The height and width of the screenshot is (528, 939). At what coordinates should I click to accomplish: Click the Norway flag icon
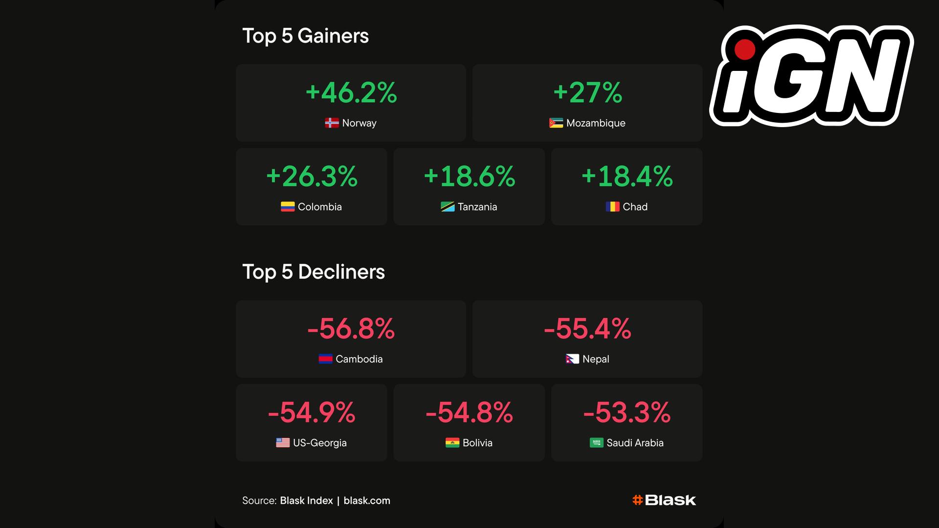tap(332, 123)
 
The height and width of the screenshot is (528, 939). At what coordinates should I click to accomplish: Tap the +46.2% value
tap(351, 92)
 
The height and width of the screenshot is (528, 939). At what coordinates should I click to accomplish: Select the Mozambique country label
tap(596, 123)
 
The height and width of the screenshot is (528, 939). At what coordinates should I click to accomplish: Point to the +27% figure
tap(587, 92)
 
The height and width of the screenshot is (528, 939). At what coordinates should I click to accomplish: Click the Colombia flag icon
tap(288, 207)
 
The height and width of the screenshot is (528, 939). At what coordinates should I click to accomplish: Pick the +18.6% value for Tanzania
tap(469, 176)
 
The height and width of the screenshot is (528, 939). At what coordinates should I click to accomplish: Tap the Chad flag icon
tap(612, 207)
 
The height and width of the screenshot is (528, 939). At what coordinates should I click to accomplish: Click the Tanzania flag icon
tap(447, 207)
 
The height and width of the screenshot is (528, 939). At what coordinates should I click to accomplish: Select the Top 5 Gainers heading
tap(305, 36)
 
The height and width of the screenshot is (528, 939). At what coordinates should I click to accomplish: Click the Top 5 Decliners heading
tap(313, 272)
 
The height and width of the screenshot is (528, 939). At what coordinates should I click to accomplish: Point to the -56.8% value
tap(351, 329)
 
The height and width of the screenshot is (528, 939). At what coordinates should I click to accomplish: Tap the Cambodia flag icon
tap(325, 359)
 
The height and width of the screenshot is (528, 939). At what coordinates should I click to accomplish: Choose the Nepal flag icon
tap(572, 359)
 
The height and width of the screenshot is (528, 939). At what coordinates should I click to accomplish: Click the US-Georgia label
tap(320, 443)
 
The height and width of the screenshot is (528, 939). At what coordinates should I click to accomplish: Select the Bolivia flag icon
tap(452, 443)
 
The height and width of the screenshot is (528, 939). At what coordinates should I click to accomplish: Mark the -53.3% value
tap(626, 413)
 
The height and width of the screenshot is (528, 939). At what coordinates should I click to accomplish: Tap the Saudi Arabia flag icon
tap(596, 443)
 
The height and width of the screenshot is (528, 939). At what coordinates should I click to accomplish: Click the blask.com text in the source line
tap(367, 501)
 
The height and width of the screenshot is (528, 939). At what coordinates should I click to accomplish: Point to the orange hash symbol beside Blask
tap(637, 500)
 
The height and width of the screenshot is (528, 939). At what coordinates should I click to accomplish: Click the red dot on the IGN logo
tap(744, 49)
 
